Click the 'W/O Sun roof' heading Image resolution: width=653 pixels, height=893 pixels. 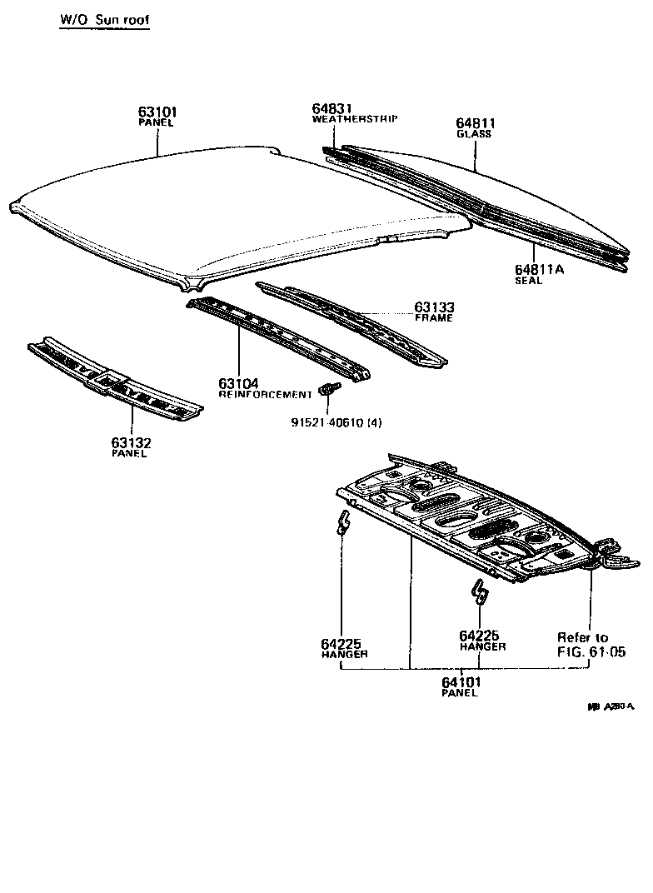[x=104, y=19]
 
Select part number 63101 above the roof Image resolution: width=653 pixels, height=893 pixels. [x=157, y=112]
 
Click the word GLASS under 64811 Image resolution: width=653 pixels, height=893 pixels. [x=474, y=134]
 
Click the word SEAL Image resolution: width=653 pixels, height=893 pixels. [x=528, y=281]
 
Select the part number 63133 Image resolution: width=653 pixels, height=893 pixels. [x=435, y=307]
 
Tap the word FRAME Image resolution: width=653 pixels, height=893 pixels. [x=434, y=318]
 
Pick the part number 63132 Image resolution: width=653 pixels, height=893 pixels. [x=131, y=442]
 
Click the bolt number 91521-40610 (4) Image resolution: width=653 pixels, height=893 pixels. [x=331, y=422]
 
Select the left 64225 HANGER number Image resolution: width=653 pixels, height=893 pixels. [x=343, y=643]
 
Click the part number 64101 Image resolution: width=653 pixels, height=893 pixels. [x=461, y=681]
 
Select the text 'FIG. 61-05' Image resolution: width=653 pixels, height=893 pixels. [x=591, y=652]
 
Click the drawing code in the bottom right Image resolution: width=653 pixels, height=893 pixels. [x=611, y=706]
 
